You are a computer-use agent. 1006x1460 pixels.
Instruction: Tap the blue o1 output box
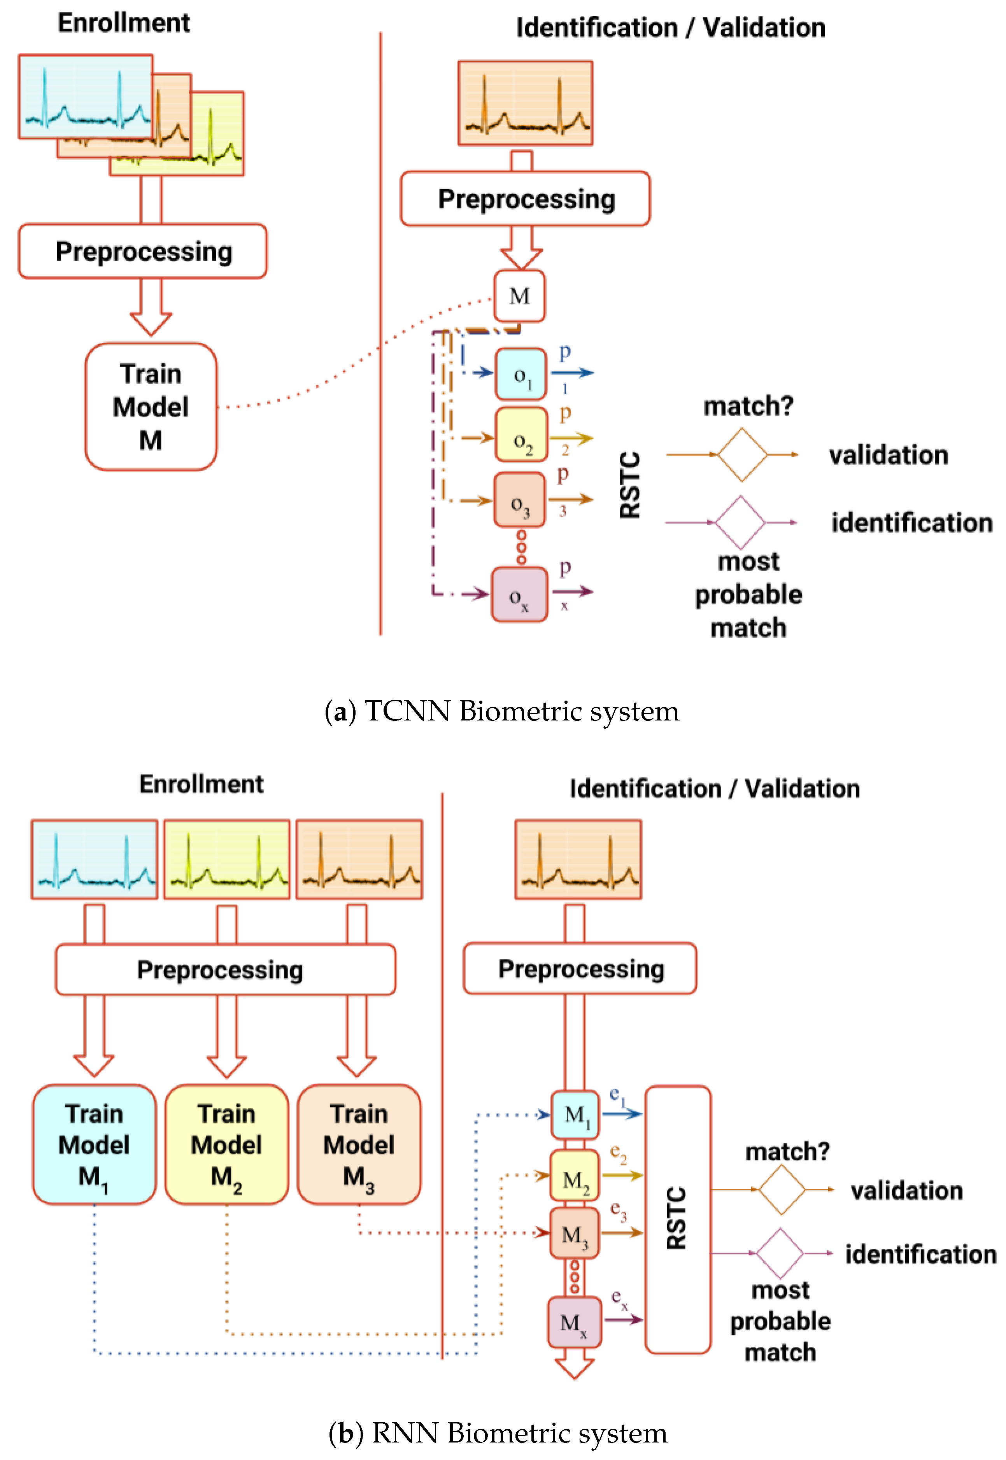[521, 375]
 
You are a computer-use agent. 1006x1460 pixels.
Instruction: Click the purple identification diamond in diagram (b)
[780, 1253]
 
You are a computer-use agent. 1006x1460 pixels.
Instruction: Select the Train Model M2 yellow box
[226, 1144]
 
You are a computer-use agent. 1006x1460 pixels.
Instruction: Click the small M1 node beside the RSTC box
[575, 1115]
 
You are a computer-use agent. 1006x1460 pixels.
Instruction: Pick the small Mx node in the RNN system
[573, 1321]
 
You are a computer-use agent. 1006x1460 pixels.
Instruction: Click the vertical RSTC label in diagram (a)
[630, 485]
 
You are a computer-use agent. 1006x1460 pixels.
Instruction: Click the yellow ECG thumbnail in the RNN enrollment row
[226, 859]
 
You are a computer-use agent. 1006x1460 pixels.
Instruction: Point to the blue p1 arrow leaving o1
[572, 373]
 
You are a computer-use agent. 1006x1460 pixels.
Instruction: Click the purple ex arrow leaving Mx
[623, 1320]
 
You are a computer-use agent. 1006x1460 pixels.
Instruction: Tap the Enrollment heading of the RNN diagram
[201, 784]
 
